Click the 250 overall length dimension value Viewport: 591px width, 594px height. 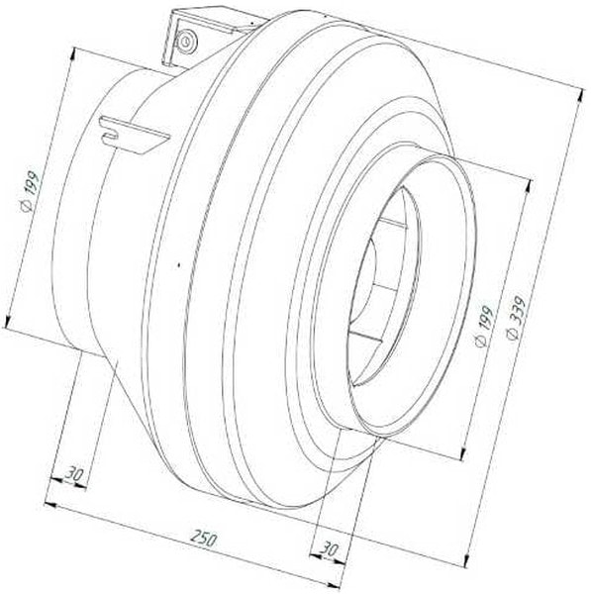click(x=204, y=539)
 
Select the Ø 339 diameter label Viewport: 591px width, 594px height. click(x=516, y=318)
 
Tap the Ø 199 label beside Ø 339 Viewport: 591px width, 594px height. click(x=484, y=325)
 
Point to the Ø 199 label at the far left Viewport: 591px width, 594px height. click(x=30, y=192)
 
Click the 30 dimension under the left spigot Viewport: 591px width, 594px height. click(x=73, y=473)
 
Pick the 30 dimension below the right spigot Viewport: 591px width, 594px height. click(x=329, y=548)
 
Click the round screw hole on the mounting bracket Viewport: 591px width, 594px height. click(x=187, y=41)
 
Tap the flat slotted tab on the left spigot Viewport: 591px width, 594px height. click(x=134, y=134)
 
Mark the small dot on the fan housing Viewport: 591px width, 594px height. click(x=179, y=264)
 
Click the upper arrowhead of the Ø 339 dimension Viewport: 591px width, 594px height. click(x=579, y=95)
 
